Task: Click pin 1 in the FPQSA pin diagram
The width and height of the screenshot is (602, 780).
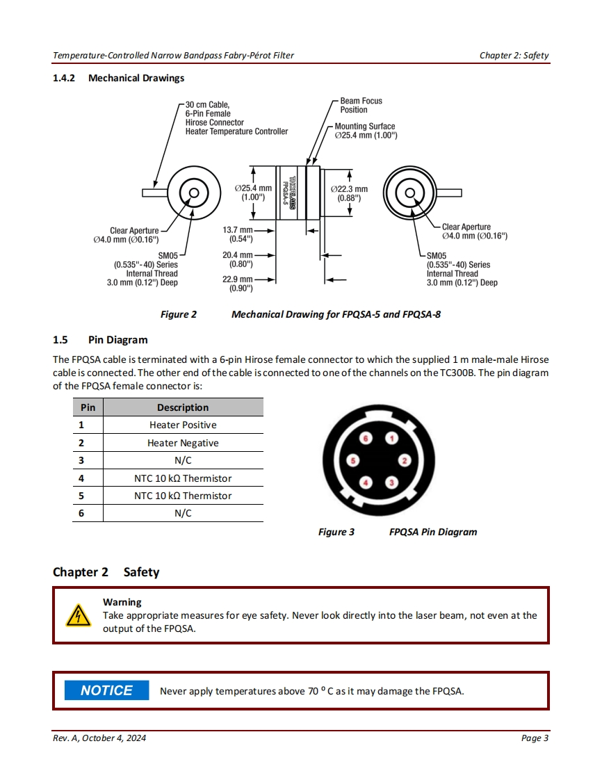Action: pyautogui.click(x=392, y=439)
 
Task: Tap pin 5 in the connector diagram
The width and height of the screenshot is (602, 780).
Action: pyautogui.click(x=354, y=460)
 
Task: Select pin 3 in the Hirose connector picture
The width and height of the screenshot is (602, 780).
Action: pyautogui.click(x=392, y=482)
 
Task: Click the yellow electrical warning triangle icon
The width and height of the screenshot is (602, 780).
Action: pyautogui.click(x=78, y=615)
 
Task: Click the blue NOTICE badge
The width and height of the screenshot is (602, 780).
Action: pyautogui.click(x=106, y=690)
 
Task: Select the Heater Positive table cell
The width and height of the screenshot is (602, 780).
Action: pyautogui.click(x=183, y=425)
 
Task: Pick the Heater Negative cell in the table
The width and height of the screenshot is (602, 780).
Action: pyautogui.click(x=183, y=443)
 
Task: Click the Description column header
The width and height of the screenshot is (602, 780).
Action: pyautogui.click(x=183, y=407)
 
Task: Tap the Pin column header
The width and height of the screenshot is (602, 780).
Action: pyautogui.click(x=88, y=407)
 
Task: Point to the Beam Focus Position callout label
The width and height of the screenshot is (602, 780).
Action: pyautogui.click(x=361, y=105)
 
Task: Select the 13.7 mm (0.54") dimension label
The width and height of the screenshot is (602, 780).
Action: pyautogui.click(x=238, y=234)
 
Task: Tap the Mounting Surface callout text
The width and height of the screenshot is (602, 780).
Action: pyautogui.click(x=365, y=131)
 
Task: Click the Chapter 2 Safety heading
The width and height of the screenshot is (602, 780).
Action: pyautogui.click(x=106, y=572)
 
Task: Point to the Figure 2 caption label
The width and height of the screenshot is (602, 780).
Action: pyautogui.click(x=179, y=314)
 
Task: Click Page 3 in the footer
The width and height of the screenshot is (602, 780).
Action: pyautogui.click(x=535, y=738)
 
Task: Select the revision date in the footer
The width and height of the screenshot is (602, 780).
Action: pyautogui.click(x=99, y=738)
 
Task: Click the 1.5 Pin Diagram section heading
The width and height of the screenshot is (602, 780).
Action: pyautogui.click(x=100, y=340)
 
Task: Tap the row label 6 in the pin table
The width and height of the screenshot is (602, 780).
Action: pyautogui.click(x=81, y=513)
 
